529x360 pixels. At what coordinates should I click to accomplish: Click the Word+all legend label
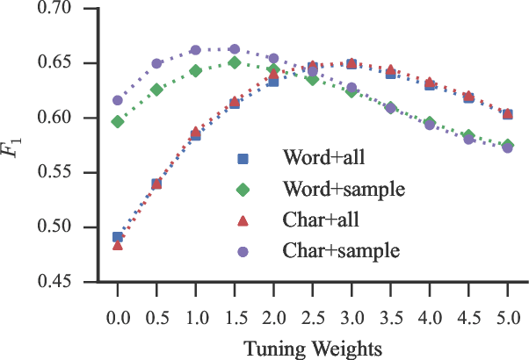pyautogui.click(x=324, y=159)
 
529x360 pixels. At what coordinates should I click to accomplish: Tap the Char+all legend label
pyautogui.click(x=322, y=220)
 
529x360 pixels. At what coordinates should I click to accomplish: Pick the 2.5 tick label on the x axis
pyautogui.click(x=312, y=314)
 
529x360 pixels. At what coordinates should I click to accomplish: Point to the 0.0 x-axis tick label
pyautogui.click(x=117, y=314)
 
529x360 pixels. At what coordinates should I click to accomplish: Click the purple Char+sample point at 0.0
pyautogui.click(x=117, y=101)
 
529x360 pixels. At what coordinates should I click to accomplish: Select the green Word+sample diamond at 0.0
pyautogui.click(x=117, y=121)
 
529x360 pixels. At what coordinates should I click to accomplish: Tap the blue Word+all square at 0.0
pyautogui.click(x=117, y=237)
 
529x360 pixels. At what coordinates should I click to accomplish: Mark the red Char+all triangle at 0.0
pyautogui.click(x=117, y=245)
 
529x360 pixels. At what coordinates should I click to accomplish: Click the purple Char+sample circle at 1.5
pyautogui.click(x=235, y=49)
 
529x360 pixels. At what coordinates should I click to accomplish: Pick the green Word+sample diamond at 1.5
pyautogui.click(x=235, y=62)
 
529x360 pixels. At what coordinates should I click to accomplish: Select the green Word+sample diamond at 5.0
pyautogui.click(x=508, y=145)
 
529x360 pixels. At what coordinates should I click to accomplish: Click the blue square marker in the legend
pyautogui.click(x=244, y=159)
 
